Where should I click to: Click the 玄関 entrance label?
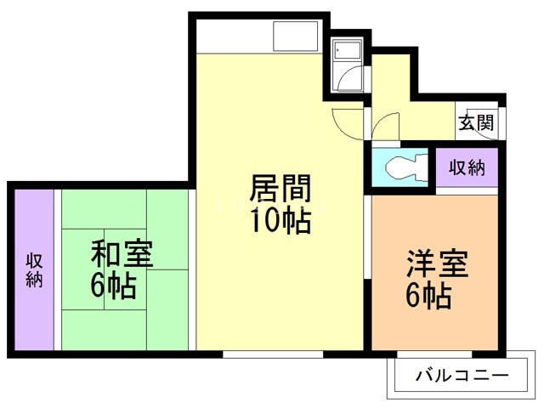click(x=477, y=122)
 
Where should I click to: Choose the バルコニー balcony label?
click(x=462, y=374)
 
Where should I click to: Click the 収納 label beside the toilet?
click(x=467, y=167)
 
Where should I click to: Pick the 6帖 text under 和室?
click(x=113, y=286)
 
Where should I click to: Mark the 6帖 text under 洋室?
click(x=428, y=297)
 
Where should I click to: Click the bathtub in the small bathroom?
click(x=347, y=51)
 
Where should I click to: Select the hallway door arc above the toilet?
click(x=385, y=126)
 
